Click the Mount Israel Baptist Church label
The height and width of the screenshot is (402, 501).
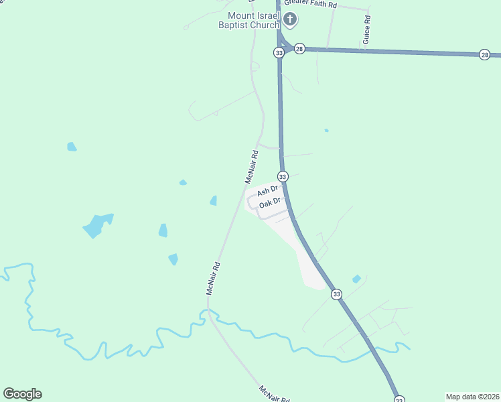click(254, 20)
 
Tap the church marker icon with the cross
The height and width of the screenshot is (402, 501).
click(290, 19)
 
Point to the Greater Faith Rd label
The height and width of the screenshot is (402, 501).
click(309, 5)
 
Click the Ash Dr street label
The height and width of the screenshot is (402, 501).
click(267, 192)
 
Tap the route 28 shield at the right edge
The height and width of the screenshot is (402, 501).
click(484, 55)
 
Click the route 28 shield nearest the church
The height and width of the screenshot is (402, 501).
click(299, 49)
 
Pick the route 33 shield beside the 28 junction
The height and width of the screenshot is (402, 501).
click(279, 52)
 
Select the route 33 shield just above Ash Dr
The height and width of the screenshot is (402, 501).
click(283, 176)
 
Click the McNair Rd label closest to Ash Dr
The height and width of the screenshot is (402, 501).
click(251, 167)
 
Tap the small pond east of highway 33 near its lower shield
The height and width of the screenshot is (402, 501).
click(356, 279)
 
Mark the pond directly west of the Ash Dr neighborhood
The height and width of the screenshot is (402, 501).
click(213, 200)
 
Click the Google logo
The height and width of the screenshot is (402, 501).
click(22, 394)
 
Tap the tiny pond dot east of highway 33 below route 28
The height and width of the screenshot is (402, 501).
click(326, 130)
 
